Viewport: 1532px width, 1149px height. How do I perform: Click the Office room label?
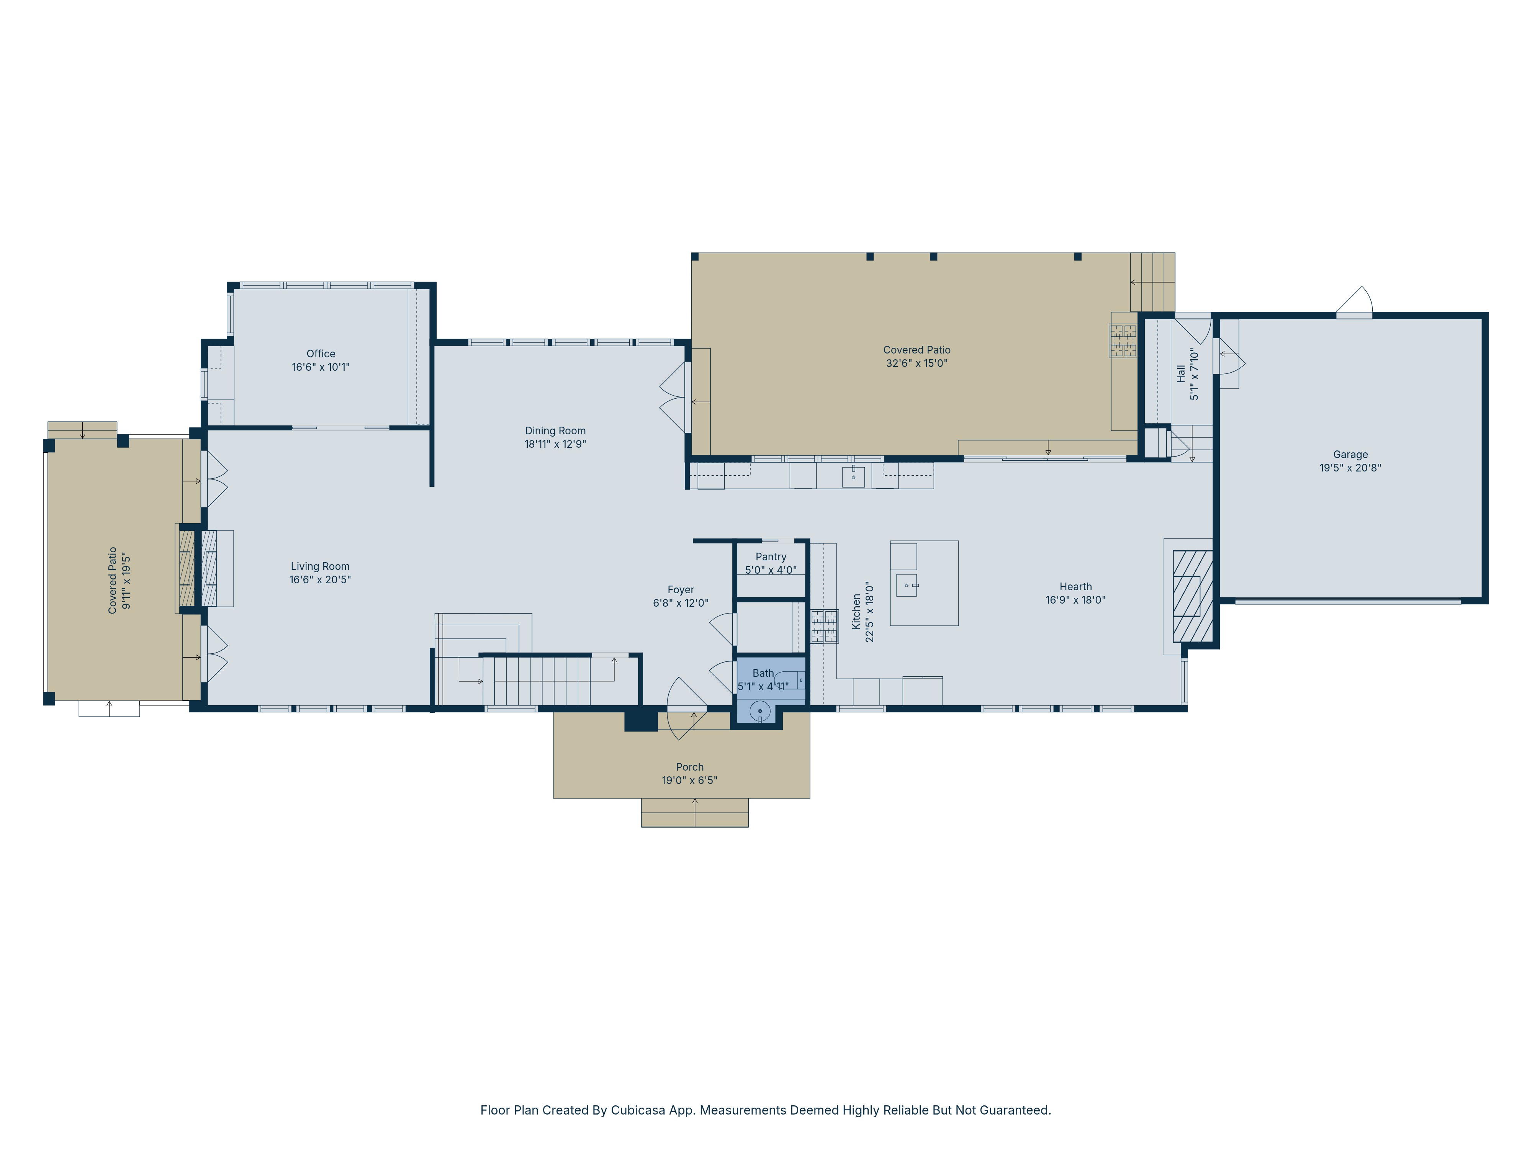pos(321,353)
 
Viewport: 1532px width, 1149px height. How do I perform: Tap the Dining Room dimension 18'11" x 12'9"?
pos(555,444)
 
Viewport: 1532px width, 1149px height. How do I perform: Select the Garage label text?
pos(1350,454)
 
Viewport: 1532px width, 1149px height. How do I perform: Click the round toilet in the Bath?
pos(760,710)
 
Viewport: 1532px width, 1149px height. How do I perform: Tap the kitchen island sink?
pos(907,585)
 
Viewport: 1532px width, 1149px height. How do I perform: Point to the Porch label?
pos(689,767)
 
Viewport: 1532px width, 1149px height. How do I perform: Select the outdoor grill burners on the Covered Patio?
pos(1123,340)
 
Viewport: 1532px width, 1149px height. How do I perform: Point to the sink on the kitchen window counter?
pos(853,476)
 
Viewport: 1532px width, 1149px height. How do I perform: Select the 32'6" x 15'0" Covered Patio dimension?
pos(916,363)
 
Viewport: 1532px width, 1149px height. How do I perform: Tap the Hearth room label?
pos(1075,587)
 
